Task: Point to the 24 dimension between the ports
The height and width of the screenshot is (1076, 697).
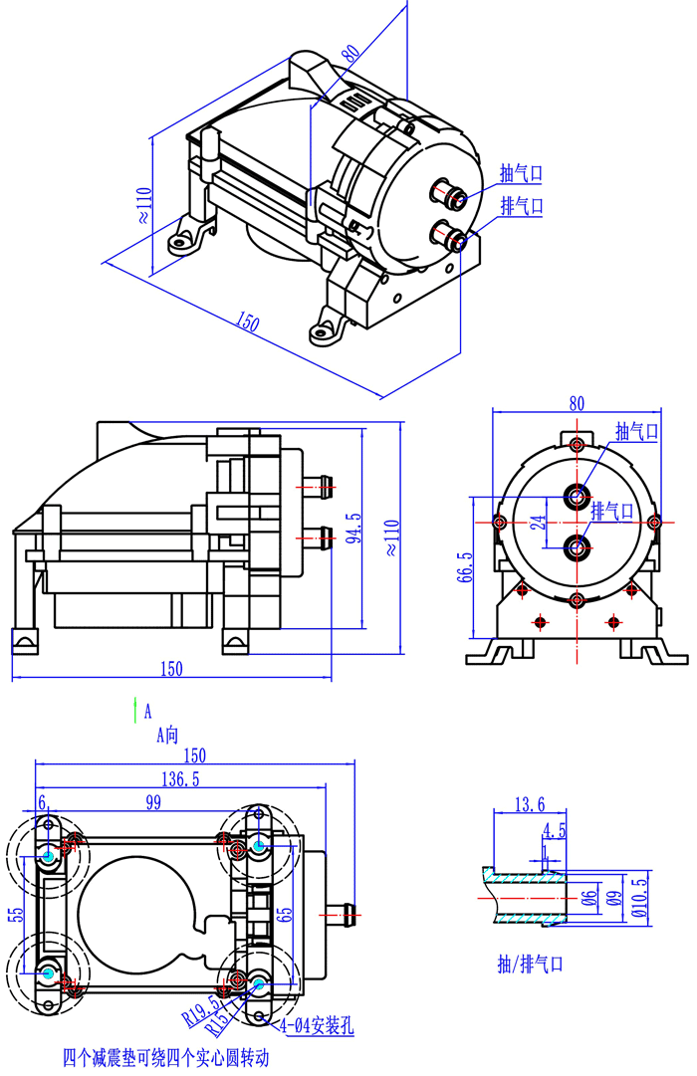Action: pyautogui.click(x=538, y=522)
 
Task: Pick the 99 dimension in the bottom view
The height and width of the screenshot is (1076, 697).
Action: pyautogui.click(x=152, y=802)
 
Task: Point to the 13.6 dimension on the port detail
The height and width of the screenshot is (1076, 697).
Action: pyautogui.click(x=528, y=804)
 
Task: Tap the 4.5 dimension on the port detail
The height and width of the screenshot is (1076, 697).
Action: pyautogui.click(x=555, y=829)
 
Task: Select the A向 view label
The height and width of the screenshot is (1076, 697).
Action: pyautogui.click(x=166, y=736)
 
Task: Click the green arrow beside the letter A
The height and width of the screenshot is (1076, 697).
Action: pyautogui.click(x=134, y=709)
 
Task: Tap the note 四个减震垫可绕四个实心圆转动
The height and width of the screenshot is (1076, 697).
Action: pyautogui.click(x=165, y=1057)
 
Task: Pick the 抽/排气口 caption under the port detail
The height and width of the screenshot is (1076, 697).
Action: pyautogui.click(x=531, y=965)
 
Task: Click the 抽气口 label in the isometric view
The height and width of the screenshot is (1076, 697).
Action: pyautogui.click(x=521, y=174)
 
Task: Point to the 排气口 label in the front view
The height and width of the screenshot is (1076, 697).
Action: pyautogui.click(x=613, y=511)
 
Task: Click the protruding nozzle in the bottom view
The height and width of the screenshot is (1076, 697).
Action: pyautogui.click(x=344, y=911)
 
